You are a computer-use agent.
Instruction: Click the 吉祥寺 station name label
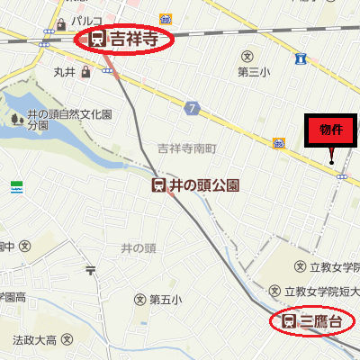tap(134, 40)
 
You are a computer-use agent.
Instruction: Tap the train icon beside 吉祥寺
tap(97, 40)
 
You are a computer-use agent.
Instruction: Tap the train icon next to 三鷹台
tap(289, 320)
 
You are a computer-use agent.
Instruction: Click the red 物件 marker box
tap(330, 130)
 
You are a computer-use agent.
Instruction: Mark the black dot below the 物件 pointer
tap(332, 163)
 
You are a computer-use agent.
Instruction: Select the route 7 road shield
tap(192, 109)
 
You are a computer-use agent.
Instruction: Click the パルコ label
tap(87, 20)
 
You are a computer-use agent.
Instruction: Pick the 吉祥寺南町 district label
tap(187, 147)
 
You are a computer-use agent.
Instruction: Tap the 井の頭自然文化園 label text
tap(69, 115)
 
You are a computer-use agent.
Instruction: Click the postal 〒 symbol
tap(90, 269)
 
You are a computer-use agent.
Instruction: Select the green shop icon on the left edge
tap(15, 186)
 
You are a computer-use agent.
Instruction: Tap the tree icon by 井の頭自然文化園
tap(14, 119)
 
